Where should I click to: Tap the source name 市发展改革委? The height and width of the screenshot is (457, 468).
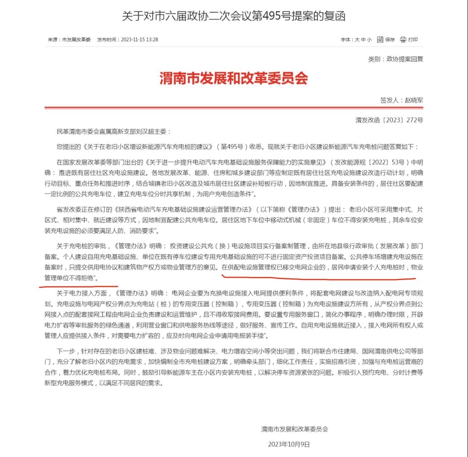76,39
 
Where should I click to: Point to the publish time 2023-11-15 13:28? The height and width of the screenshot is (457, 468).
139,39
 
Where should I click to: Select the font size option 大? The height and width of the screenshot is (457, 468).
357,39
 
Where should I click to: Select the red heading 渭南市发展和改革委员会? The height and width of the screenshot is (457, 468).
233,78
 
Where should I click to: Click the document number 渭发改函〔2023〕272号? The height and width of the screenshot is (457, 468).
389,120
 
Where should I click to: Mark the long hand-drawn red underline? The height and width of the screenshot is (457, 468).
318,278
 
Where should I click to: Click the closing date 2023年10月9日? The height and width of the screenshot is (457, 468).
289,444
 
